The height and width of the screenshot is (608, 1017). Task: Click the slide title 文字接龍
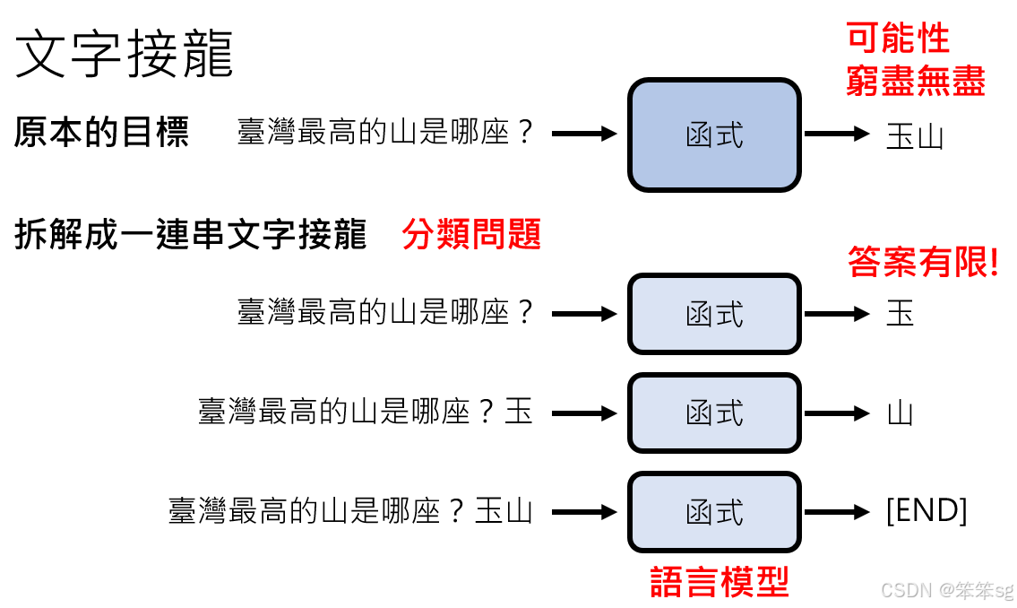pyautogui.click(x=125, y=54)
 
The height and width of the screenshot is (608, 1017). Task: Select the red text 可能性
pyautogui.click(x=897, y=39)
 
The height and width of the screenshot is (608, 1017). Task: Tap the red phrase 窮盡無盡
pyautogui.click(x=915, y=82)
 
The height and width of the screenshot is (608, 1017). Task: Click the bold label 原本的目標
pyautogui.click(x=101, y=133)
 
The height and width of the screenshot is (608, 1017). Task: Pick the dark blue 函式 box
pyautogui.click(x=713, y=135)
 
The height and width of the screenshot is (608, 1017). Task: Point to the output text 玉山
pyautogui.click(x=914, y=136)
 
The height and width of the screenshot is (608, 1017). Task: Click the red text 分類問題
pyautogui.click(x=471, y=235)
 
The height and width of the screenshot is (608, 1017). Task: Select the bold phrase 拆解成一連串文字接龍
pyautogui.click(x=191, y=235)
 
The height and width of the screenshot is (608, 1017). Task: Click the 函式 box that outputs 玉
pyautogui.click(x=713, y=314)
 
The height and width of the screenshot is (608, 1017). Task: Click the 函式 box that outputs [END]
pyautogui.click(x=713, y=512)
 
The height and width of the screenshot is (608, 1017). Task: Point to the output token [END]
pyautogui.click(x=926, y=511)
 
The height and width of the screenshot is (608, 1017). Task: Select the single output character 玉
pyautogui.click(x=900, y=314)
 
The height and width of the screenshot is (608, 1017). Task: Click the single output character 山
pyautogui.click(x=900, y=413)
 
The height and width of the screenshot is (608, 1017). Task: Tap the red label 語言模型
pyautogui.click(x=719, y=582)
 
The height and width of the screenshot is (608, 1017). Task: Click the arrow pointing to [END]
pyautogui.click(x=837, y=512)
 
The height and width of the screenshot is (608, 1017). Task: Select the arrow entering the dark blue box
pyautogui.click(x=584, y=135)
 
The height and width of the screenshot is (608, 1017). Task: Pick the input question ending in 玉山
pyautogui.click(x=350, y=511)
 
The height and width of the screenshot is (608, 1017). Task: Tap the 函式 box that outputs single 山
pyautogui.click(x=713, y=413)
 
